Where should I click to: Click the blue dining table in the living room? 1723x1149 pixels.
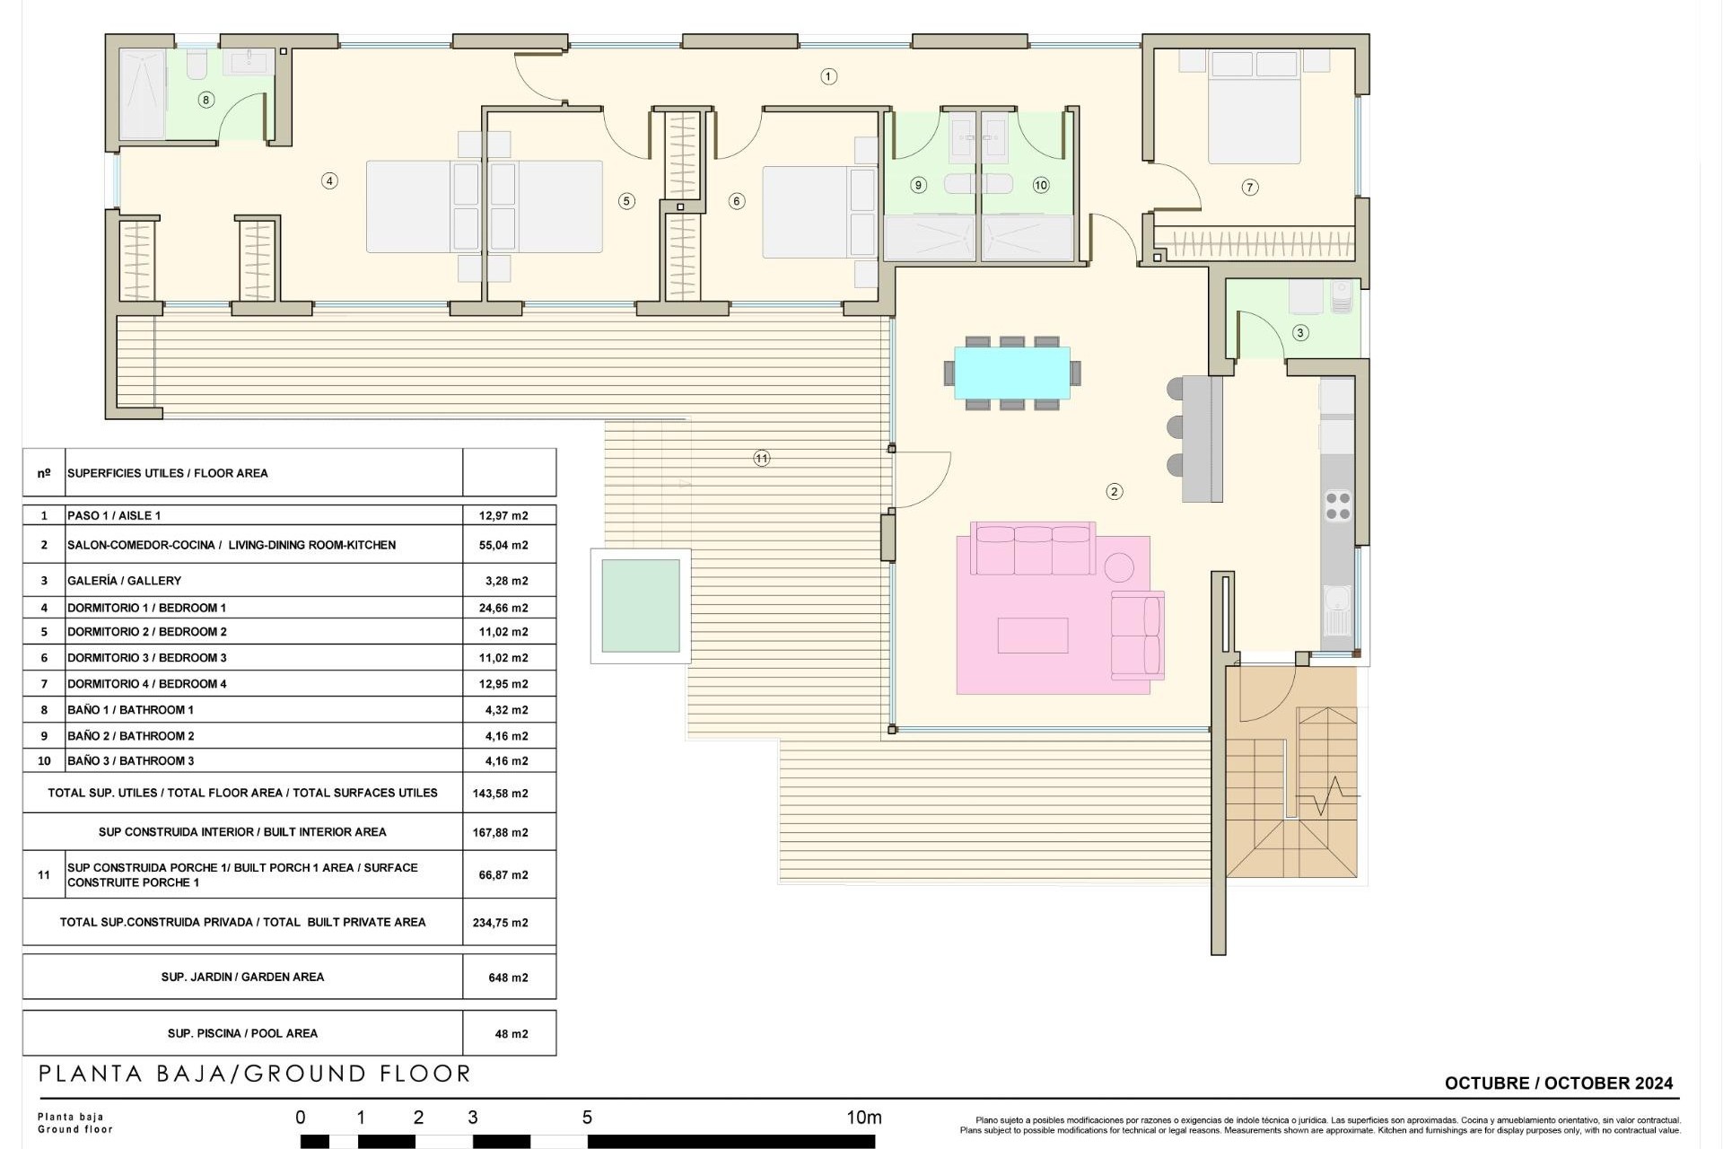pos(1011,373)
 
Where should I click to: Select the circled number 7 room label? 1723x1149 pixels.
pos(1249,188)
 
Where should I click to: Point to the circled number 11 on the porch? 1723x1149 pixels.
pos(761,459)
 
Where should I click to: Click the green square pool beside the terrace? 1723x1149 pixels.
pos(640,606)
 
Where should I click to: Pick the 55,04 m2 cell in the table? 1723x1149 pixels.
pos(503,545)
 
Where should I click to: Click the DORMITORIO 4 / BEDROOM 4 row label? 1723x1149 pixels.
pos(147,684)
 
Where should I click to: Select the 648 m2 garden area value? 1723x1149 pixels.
pos(508,978)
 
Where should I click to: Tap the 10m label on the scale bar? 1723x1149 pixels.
pos(863,1118)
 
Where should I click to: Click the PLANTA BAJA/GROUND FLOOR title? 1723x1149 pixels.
pos(255,1074)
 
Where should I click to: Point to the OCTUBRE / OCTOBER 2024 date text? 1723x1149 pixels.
pos(1558,1083)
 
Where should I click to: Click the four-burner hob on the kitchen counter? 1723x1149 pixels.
pos(1337,505)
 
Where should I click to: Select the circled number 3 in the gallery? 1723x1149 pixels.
pos(1300,333)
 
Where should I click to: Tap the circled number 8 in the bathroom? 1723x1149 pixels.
pos(206,100)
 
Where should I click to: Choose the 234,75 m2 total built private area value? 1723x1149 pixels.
pos(500,923)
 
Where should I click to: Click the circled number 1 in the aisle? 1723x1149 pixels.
pos(828,77)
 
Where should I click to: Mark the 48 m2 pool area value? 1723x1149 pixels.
pos(511,1034)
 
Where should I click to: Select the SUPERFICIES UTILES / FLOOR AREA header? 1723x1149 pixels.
pos(167,473)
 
